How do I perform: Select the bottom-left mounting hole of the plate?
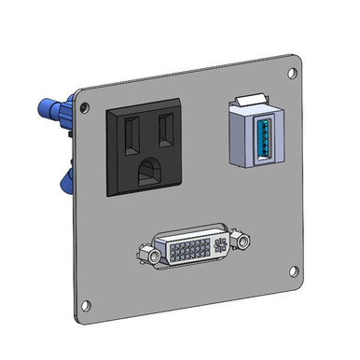(x=89, y=303)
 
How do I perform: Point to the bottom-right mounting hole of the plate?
(x=293, y=271)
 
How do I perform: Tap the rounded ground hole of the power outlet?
(x=149, y=171)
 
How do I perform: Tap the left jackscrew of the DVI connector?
(x=146, y=253)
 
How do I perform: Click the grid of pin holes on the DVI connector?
(x=187, y=249)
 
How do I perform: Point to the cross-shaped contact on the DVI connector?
(x=220, y=245)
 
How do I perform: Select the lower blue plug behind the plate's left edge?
(x=64, y=180)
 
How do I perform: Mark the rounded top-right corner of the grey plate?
(x=297, y=61)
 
